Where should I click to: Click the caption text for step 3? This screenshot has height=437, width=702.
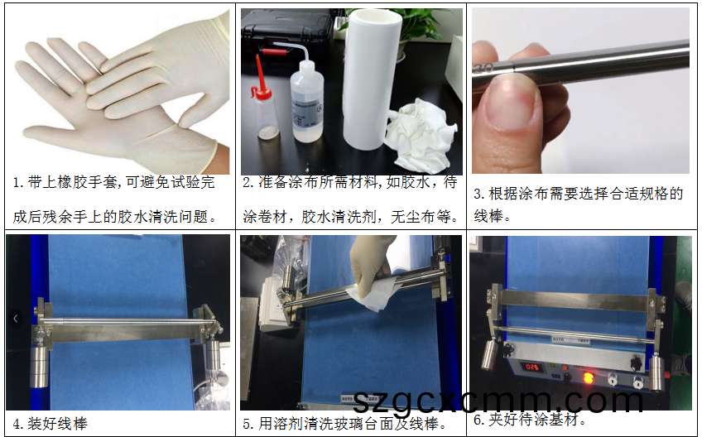pyautogui.click(x=578, y=204)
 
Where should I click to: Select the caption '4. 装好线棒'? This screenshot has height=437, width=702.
pyautogui.click(x=50, y=424)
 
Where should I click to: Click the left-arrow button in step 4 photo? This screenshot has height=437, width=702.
pyautogui.click(x=14, y=318)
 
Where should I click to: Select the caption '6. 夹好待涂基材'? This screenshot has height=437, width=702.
pyautogui.click(x=530, y=420)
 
